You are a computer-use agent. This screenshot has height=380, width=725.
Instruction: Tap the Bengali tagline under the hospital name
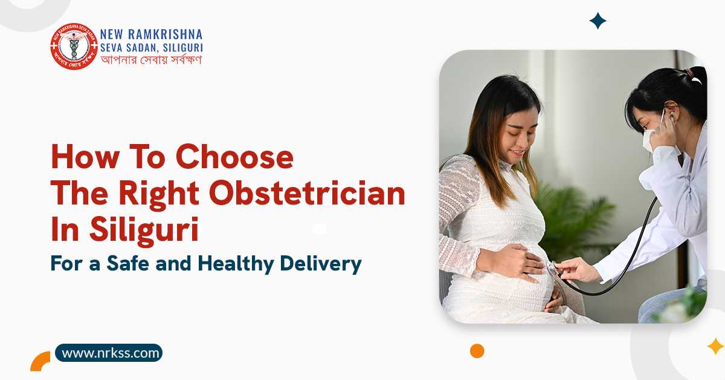[x=151, y=60]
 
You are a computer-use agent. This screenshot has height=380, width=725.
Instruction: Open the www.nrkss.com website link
[x=109, y=353]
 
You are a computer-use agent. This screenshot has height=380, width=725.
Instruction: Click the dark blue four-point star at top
[x=598, y=21]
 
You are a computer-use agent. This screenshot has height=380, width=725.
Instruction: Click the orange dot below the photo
[x=477, y=351]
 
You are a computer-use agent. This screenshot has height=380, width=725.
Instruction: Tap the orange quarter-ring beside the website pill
[x=40, y=361]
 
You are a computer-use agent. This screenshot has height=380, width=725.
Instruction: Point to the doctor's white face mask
[x=651, y=139]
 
